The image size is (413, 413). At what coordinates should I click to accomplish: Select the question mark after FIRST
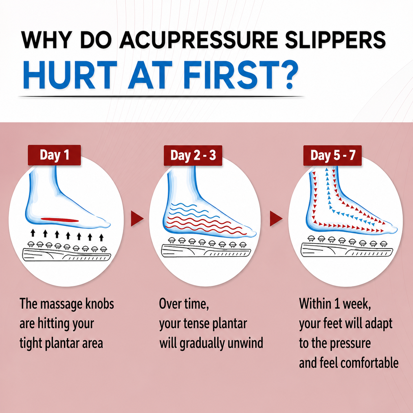[x=287, y=75]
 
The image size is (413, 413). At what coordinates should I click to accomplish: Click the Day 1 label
[x=54, y=155]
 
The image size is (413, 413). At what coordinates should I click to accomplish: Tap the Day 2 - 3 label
[x=193, y=155]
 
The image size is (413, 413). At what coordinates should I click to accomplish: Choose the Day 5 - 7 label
[x=332, y=155]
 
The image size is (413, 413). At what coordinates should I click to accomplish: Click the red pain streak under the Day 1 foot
[x=60, y=220]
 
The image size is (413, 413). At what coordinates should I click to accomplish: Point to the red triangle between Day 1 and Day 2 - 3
[x=137, y=219]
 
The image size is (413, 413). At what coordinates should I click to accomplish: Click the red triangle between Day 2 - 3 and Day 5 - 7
[x=276, y=219]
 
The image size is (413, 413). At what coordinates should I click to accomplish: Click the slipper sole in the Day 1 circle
[x=67, y=255]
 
